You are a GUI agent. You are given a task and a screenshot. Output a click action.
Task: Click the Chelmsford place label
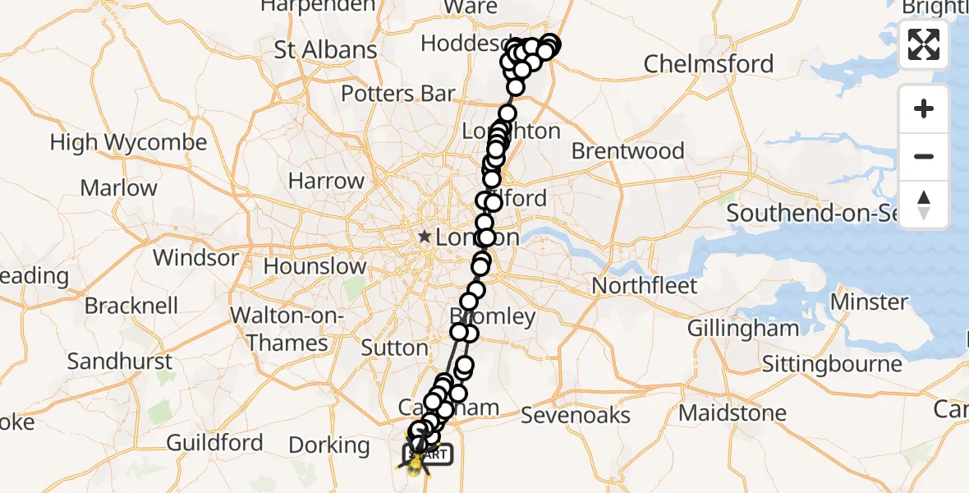(x=708, y=64)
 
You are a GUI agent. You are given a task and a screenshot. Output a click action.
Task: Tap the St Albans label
(x=325, y=49)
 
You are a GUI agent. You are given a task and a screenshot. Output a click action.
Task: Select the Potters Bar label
(x=397, y=94)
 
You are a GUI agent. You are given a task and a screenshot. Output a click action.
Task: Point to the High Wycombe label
(x=128, y=143)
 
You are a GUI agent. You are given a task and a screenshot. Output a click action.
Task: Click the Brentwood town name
(x=627, y=151)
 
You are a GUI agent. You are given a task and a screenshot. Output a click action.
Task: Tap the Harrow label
(x=326, y=181)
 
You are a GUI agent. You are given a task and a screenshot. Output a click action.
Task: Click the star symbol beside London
(x=424, y=237)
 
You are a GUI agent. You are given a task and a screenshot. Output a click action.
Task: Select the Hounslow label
(x=315, y=266)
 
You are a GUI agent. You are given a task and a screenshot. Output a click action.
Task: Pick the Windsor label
(x=195, y=258)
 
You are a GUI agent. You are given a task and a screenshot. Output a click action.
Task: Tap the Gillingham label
(x=742, y=329)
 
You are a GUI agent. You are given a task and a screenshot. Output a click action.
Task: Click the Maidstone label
(x=732, y=412)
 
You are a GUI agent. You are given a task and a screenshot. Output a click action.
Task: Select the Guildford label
(x=214, y=443)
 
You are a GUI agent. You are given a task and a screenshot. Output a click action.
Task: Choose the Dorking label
(x=329, y=445)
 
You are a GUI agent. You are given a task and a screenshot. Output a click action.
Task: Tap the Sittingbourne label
(x=831, y=363)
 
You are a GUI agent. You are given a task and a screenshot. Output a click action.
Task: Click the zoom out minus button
(x=924, y=156)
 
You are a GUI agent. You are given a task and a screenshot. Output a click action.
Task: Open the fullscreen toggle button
(x=924, y=44)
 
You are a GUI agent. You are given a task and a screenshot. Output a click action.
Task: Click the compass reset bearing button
(x=924, y=204)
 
